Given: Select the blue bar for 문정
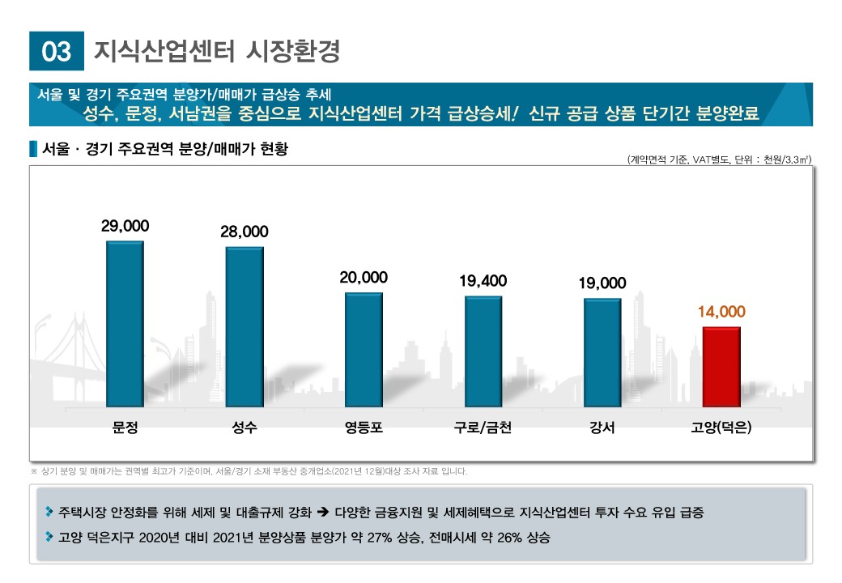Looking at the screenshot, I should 125,324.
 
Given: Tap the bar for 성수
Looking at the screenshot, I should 245,327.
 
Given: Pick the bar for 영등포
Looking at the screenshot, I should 364,350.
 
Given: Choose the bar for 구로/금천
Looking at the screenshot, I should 483,351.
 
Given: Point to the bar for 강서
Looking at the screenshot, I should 602,353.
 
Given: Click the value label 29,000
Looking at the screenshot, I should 125,226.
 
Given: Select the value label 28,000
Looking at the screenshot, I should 245,232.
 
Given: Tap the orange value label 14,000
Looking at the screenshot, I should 721,312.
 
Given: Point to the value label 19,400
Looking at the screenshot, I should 483,281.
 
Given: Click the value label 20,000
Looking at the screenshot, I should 364,278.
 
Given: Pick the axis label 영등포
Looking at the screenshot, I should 364,428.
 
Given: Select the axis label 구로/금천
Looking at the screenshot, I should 483,428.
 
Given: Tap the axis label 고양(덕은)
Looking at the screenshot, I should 721,428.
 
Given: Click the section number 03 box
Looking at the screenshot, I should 57,51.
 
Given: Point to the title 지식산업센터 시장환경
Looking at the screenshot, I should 217,51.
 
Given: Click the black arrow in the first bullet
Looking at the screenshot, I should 321,513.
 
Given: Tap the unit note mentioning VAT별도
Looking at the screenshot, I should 718,160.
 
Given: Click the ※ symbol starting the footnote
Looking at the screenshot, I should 34,471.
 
